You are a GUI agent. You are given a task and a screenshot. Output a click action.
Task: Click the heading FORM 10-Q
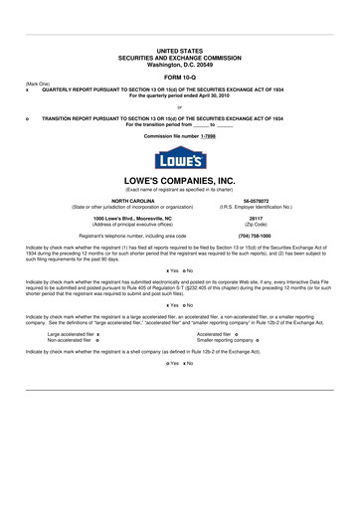[179, 76]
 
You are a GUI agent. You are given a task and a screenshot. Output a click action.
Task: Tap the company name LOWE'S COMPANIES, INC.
[179, 180]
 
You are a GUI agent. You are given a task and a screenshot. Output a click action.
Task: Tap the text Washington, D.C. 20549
[179, 63]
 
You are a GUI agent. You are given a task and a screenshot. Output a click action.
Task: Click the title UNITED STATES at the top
[179, 50]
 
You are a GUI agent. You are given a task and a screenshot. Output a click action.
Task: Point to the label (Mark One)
[37, 84]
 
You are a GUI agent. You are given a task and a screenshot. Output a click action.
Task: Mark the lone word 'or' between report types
[179, 105]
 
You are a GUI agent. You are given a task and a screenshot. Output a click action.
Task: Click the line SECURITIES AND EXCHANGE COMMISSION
[179, 56]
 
